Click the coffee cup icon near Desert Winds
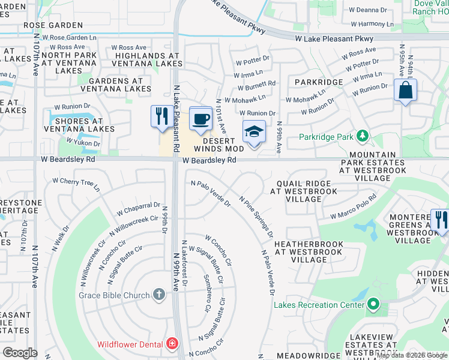[201, 118]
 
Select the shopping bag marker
[405, 91]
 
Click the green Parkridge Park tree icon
[362, 136]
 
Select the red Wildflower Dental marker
[173, 344]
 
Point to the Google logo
[20, 352]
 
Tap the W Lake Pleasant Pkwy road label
[334, 38]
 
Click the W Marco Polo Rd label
[353, 207]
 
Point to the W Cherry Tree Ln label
[76, 184]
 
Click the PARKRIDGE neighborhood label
[318, 82]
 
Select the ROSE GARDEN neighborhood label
[53, 25]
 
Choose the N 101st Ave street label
[221, 116]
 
